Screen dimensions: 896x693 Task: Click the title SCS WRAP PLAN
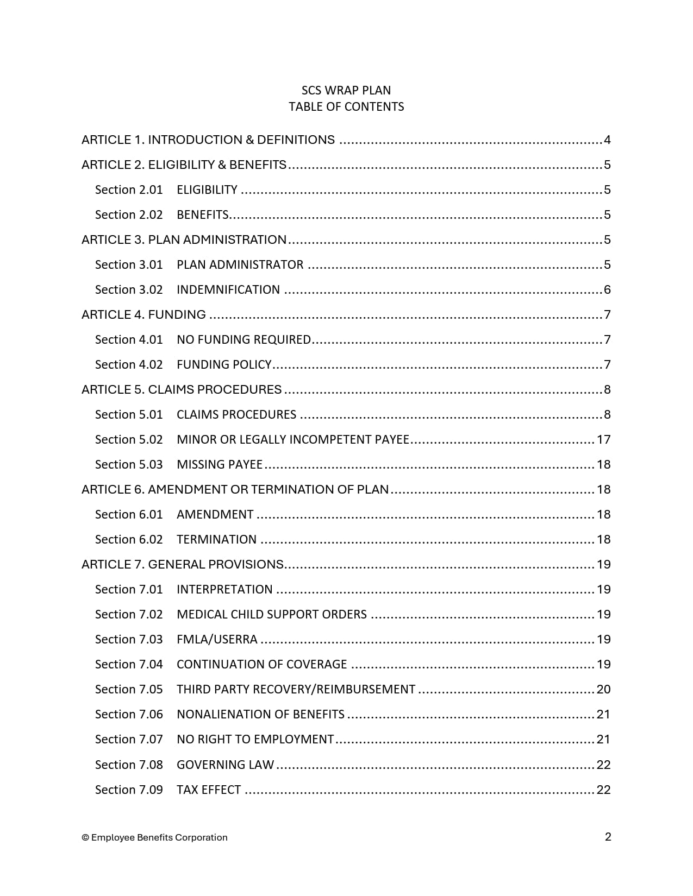click(x=346, y=90)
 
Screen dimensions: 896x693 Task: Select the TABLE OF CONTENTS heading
click(x=346, y=106)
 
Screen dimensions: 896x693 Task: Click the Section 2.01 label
click(x=129, y=190)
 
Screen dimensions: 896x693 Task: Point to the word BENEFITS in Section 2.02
click(x=202, y=215)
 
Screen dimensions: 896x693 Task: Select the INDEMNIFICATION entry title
click(x=228, y=290)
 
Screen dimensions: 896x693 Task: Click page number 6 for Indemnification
click(x=607, y=290)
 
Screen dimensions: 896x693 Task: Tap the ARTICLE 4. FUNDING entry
click(x=143, y=315)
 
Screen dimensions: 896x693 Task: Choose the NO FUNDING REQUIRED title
click(x=244, y=340)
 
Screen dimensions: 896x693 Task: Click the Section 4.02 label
click(x=129, y=365)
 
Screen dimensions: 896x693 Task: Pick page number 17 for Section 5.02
click(x=604, y=440)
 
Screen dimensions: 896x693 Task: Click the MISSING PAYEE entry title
click(x=220, y=465)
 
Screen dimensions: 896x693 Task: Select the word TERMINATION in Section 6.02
click(x=216, y=540)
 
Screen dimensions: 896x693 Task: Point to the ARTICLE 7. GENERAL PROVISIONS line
click(x=183, y=565)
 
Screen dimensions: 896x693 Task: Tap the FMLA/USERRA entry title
click(x=217, y=640)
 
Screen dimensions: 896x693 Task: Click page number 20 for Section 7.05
click(x=604, y=690)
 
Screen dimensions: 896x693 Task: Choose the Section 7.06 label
click(x=129, y=715)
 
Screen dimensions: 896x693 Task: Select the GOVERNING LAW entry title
click(x=225, y=765)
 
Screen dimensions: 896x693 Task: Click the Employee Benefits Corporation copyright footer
click(x=155, y=837)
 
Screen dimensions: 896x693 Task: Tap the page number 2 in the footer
click(x=608, y=837)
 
